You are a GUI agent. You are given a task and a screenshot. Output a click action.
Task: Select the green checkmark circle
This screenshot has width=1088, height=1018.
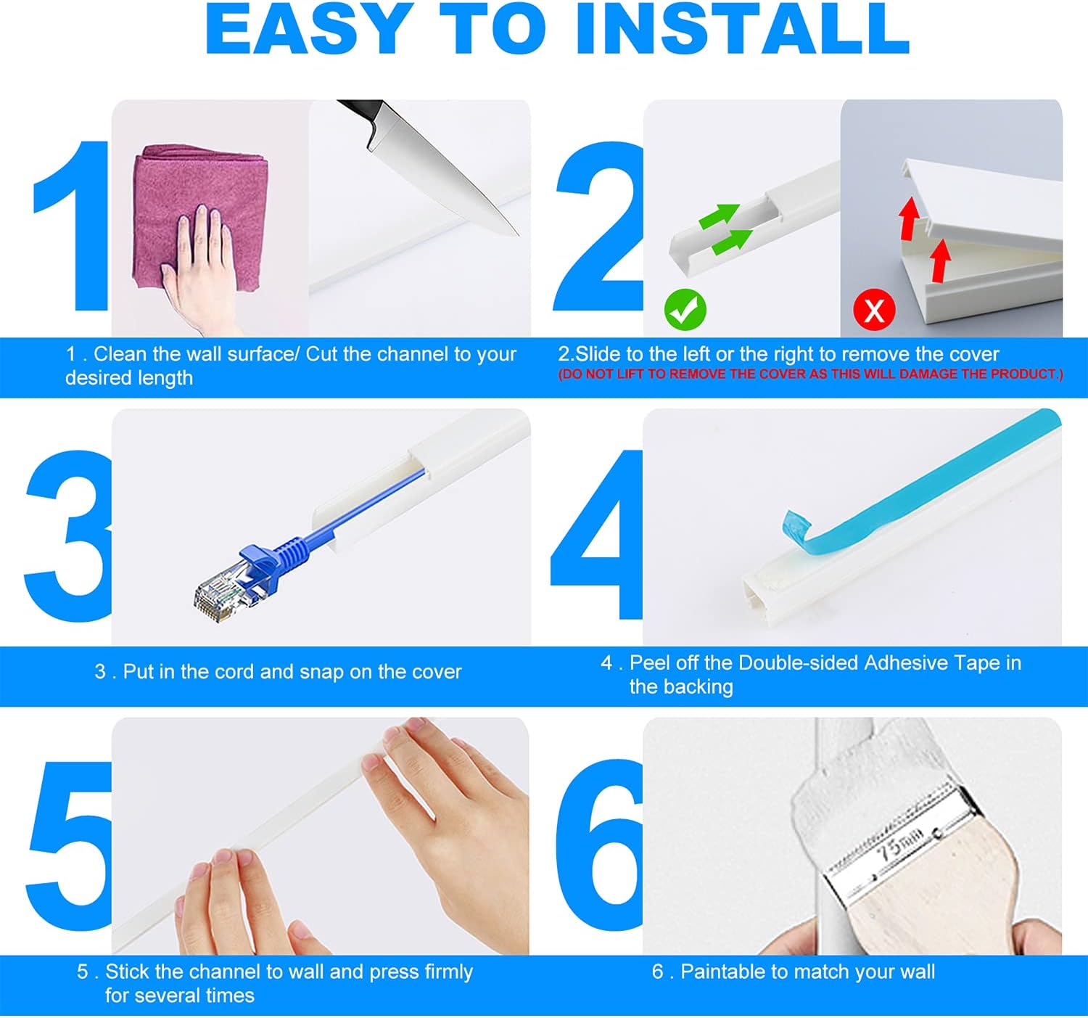pos(685,310)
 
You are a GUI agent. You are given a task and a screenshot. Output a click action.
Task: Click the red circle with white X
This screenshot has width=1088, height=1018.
pos(874,310)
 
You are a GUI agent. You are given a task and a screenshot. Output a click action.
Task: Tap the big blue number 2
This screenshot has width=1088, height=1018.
pos(598,229)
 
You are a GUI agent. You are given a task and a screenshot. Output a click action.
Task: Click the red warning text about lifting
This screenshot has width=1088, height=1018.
pos(810,374)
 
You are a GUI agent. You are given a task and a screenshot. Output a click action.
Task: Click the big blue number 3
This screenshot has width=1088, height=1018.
pos(69,537)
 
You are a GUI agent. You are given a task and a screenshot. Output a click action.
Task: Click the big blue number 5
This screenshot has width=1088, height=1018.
pos(69,845)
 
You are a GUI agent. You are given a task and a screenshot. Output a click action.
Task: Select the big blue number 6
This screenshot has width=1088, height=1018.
pos(598,845)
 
